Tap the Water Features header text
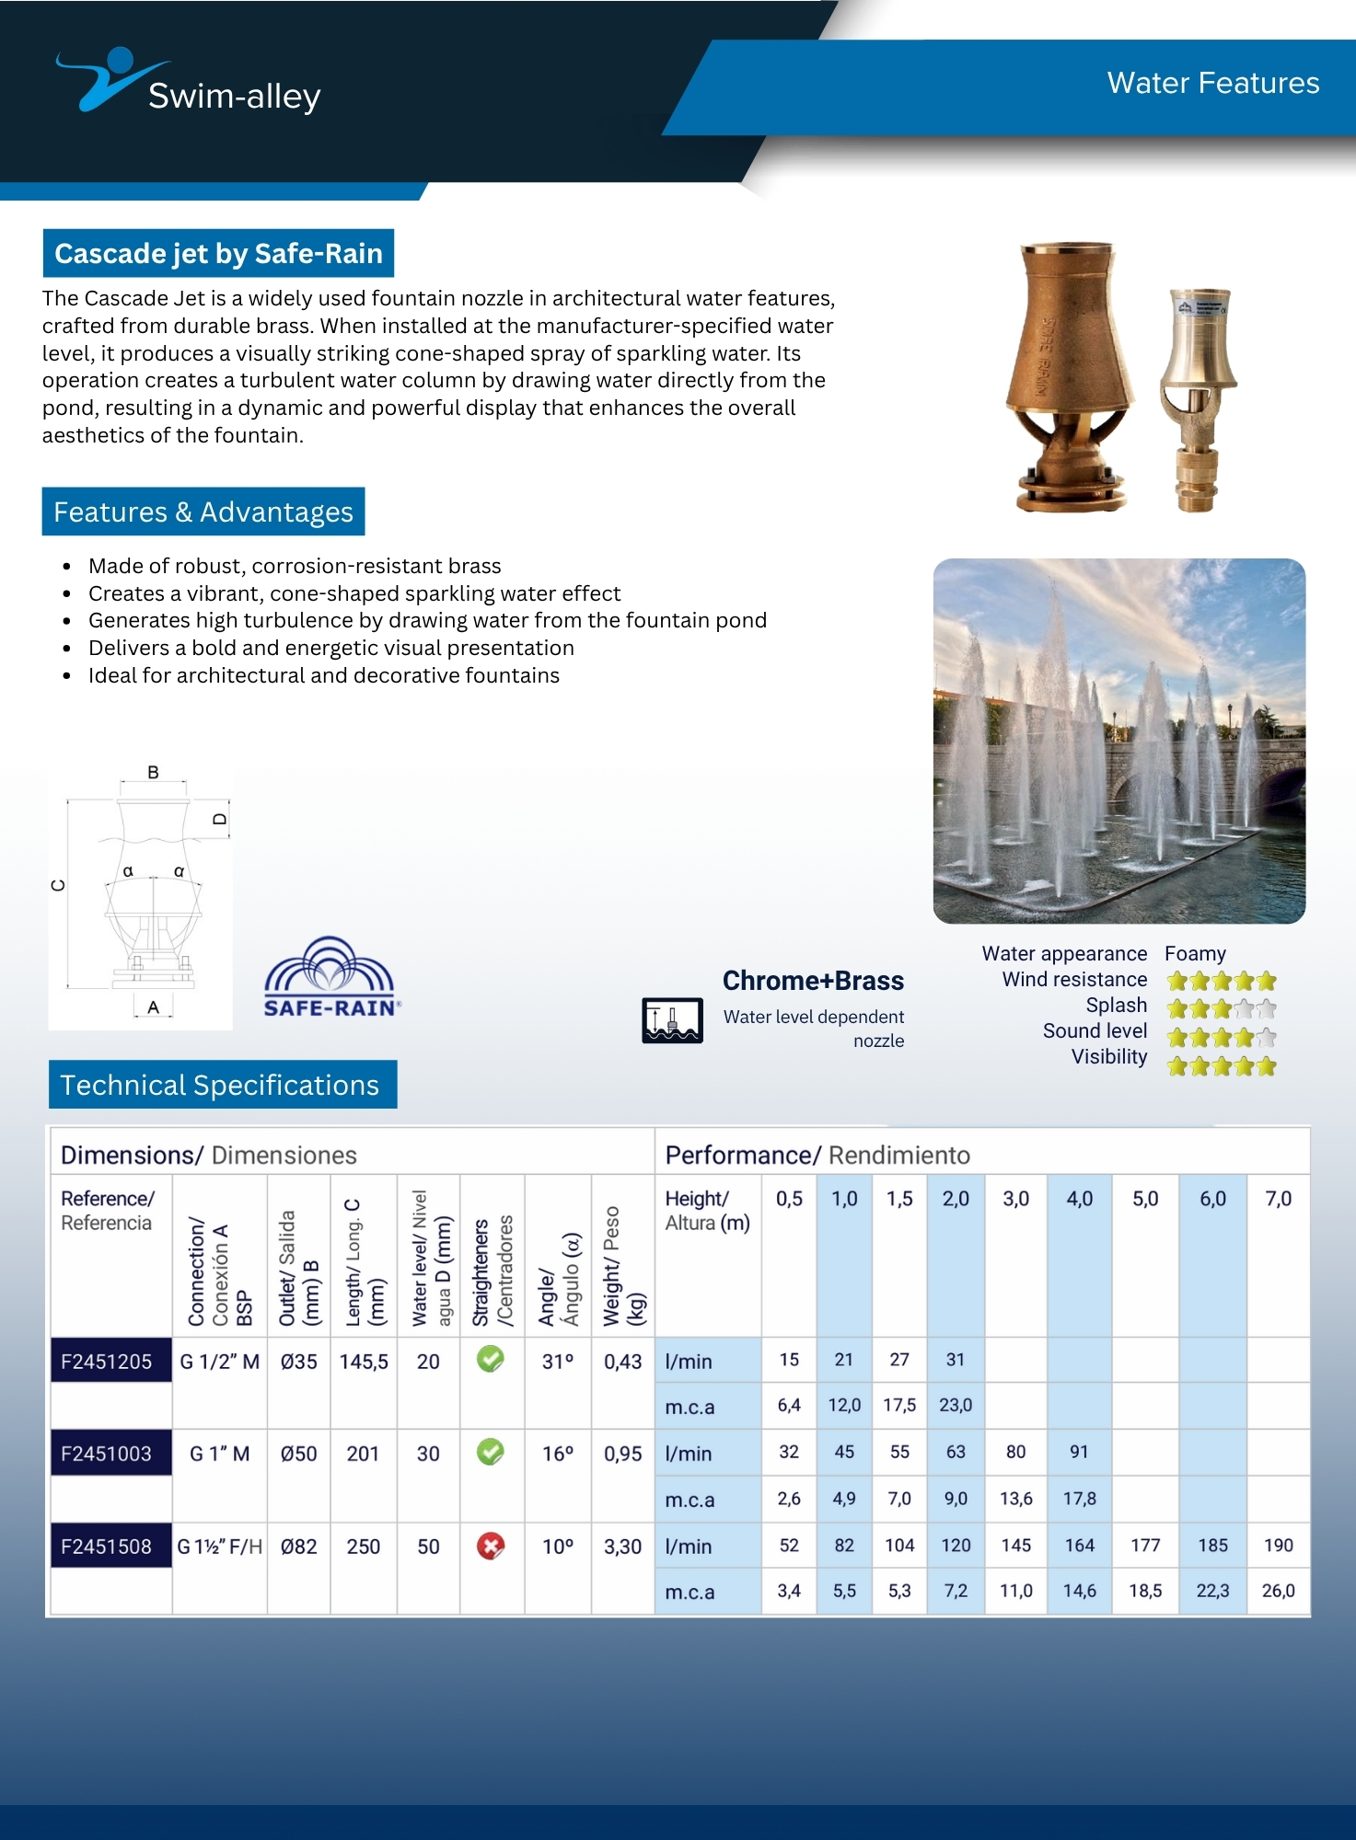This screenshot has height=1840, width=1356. [1212, 83]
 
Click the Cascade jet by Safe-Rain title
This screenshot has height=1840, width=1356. [218, 253]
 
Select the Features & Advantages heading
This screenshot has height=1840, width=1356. [203, 512]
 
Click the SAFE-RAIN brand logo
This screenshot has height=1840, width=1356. [330, 978]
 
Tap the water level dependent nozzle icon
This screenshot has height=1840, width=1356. [672, 1020]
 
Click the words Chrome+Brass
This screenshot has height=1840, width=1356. [813, 981]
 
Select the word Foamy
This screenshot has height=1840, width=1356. [1195, 953]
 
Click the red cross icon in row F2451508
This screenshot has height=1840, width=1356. [491, 1546]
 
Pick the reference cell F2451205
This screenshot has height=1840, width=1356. [107, 1362]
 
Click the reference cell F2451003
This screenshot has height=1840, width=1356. [107, 1454]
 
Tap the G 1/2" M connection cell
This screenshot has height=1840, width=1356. [219, 1362]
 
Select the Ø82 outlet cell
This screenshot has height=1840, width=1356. [298, 1547]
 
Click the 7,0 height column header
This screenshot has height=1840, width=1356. [1278, 1199]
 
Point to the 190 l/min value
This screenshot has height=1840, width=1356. [1278, 1546]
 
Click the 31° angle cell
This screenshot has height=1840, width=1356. [557, 1362]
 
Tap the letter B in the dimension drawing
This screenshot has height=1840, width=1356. [153, 773]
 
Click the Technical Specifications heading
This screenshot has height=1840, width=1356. [220, 1086]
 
